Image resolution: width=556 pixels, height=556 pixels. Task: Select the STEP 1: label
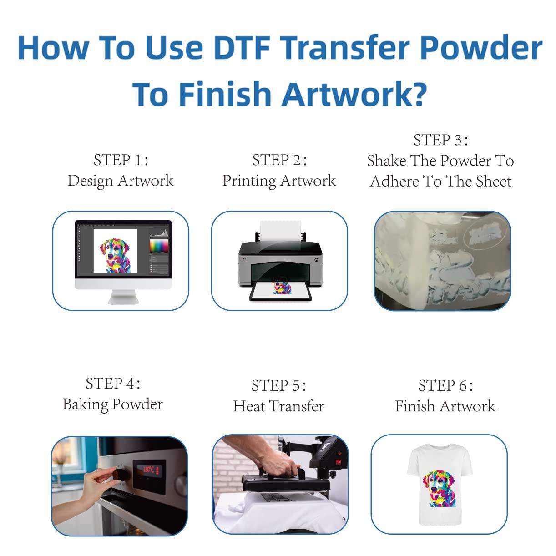121,160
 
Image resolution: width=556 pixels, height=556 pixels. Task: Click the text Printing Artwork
279,181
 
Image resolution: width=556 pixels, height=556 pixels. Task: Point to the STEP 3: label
440,140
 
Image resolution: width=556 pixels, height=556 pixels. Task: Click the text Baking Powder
112,404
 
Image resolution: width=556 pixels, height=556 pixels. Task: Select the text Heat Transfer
278,406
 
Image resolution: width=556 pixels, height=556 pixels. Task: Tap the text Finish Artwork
445,406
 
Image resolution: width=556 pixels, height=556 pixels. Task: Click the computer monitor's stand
123,297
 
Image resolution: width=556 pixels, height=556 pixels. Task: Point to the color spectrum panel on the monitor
159,246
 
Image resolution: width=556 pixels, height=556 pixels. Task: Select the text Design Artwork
121,181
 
